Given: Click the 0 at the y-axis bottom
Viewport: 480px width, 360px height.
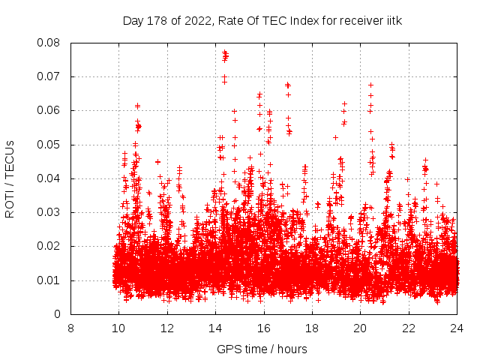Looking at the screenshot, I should click(58, 314).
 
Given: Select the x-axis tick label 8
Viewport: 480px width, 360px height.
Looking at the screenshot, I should click(70, 328).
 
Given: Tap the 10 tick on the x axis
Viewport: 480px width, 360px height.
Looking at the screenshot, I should click(118, 328).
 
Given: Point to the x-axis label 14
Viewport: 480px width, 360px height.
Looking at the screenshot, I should click(215, 328).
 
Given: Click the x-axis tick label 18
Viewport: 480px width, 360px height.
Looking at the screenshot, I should click(312, 328).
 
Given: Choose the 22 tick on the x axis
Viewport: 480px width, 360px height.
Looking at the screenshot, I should click(409, 328).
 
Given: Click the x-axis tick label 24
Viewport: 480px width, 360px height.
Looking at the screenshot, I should click(457, 328).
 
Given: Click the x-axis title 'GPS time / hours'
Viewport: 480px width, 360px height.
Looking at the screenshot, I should click(262, 349).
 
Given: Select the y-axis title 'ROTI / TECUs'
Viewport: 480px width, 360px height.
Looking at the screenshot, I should click(10, 178).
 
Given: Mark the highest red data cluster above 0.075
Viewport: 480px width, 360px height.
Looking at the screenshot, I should click(225, 55).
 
